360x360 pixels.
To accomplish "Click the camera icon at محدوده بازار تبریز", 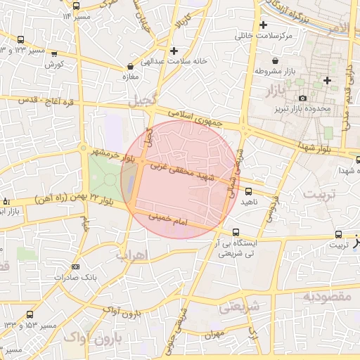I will tap(303, 98).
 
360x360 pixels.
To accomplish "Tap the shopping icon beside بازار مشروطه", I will tap(283, 61).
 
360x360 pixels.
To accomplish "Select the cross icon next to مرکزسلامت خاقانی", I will tap(263, 25).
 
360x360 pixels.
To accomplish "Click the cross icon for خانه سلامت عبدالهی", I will tap(174, 51).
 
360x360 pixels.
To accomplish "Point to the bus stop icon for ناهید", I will tap(247, 191).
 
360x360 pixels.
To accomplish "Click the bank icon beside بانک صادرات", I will tap(75, 266).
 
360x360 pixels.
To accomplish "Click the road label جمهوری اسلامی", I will tap(195, 117).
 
